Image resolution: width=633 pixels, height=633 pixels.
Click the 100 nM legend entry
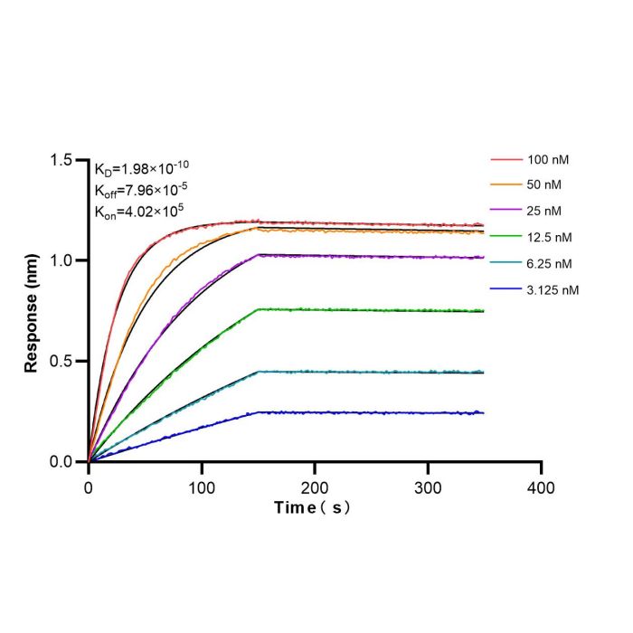coord(530,160)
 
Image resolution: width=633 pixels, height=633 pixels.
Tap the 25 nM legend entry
coord(525,211)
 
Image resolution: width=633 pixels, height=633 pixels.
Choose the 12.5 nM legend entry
coord(531,237)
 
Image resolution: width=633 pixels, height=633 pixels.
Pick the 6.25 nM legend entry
coord(531,264)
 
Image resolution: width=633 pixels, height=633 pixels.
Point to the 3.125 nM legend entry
coord(534,290)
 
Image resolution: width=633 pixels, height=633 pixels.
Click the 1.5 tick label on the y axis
coord(61,160)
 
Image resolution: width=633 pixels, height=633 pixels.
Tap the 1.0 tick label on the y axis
coord(61,260)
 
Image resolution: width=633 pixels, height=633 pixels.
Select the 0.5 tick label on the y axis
coord(61,361)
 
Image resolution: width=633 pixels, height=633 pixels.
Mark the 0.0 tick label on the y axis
coord(61,461)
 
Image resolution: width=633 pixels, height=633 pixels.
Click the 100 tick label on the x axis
coord(202,488)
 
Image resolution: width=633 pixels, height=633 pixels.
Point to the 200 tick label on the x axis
coord(315,488)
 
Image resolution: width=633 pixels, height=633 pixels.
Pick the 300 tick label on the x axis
coord(428,488)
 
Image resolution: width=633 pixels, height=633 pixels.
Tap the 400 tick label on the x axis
coord(541,488)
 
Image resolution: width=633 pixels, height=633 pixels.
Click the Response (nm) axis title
coord(31,313)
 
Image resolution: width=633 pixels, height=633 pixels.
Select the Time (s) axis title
coord(312,508)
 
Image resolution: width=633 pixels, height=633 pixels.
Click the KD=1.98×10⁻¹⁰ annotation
coord(142,168)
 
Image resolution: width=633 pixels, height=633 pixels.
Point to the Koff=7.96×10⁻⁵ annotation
coord(141,190)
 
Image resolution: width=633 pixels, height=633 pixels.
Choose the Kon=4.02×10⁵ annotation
coord(139,211)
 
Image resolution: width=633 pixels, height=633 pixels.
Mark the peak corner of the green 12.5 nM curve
coord(259,309)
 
